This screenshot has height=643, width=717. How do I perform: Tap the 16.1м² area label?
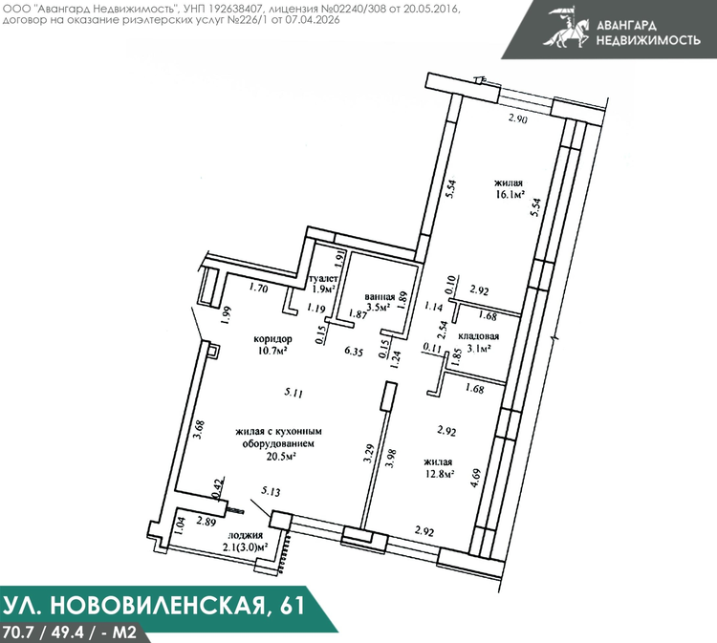click(x=509, y=195)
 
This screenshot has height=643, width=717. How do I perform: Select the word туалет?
click(x=324, y=279)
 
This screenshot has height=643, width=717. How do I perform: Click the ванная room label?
click(x=380, y=297)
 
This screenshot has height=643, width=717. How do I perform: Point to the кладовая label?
click(x=478, y=336)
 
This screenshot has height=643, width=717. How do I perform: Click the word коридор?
click(x=273, y=339)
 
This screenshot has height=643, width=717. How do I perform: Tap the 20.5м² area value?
click(x=280, y=456)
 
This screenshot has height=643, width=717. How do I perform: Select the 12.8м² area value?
click(x=439, y=474)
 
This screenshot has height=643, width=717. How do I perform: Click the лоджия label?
click(x=245, y=535)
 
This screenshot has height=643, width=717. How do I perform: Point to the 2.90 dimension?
click(x=518, y=118)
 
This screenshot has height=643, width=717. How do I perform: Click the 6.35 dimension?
click(x=354, y=352)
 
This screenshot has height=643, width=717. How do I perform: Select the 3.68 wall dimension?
click(x=200, y=430)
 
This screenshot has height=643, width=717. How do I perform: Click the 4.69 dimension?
click(x=476, y=479)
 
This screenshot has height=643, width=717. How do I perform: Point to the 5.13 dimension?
click(x=271, y=492)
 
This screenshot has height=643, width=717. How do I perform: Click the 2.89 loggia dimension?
click(x=206, y=522)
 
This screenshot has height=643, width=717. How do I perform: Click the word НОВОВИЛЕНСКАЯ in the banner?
click(x=157, y=605)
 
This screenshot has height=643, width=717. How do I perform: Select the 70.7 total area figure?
click(x=16, y=632)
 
